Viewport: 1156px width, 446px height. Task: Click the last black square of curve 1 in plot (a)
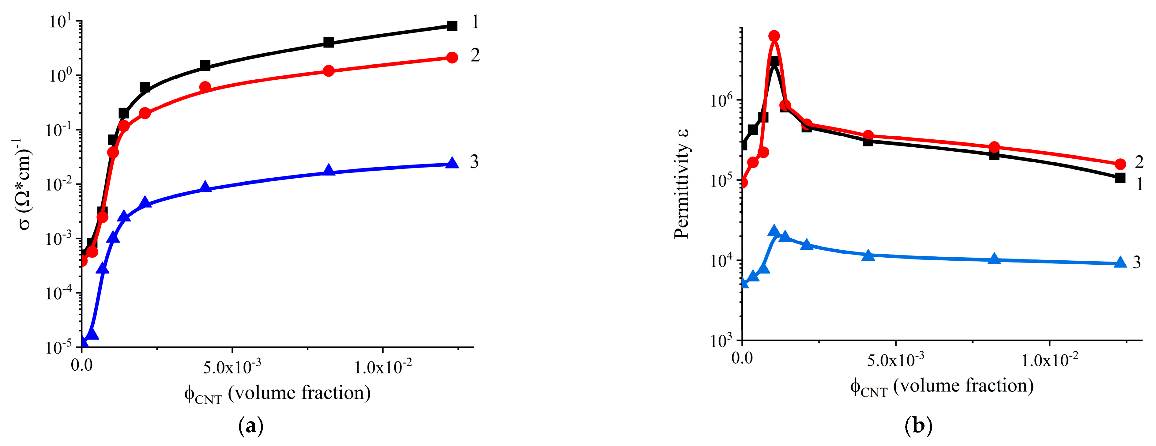point(452,26)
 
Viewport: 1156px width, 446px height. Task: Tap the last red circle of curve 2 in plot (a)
point(452,57)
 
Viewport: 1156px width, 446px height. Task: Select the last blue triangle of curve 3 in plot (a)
point(452,163)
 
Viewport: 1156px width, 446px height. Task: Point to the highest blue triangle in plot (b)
point(774,231)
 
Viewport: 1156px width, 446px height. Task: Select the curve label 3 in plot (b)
point(1136,262)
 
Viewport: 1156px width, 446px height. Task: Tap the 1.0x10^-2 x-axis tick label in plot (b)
point(1050,360)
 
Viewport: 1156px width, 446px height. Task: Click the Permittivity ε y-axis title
point(682,184)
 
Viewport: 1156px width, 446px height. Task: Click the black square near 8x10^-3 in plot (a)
point(329,43)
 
